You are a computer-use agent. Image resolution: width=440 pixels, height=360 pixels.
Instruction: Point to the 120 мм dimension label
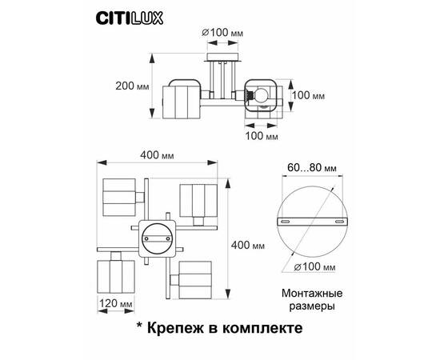point(116,304)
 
